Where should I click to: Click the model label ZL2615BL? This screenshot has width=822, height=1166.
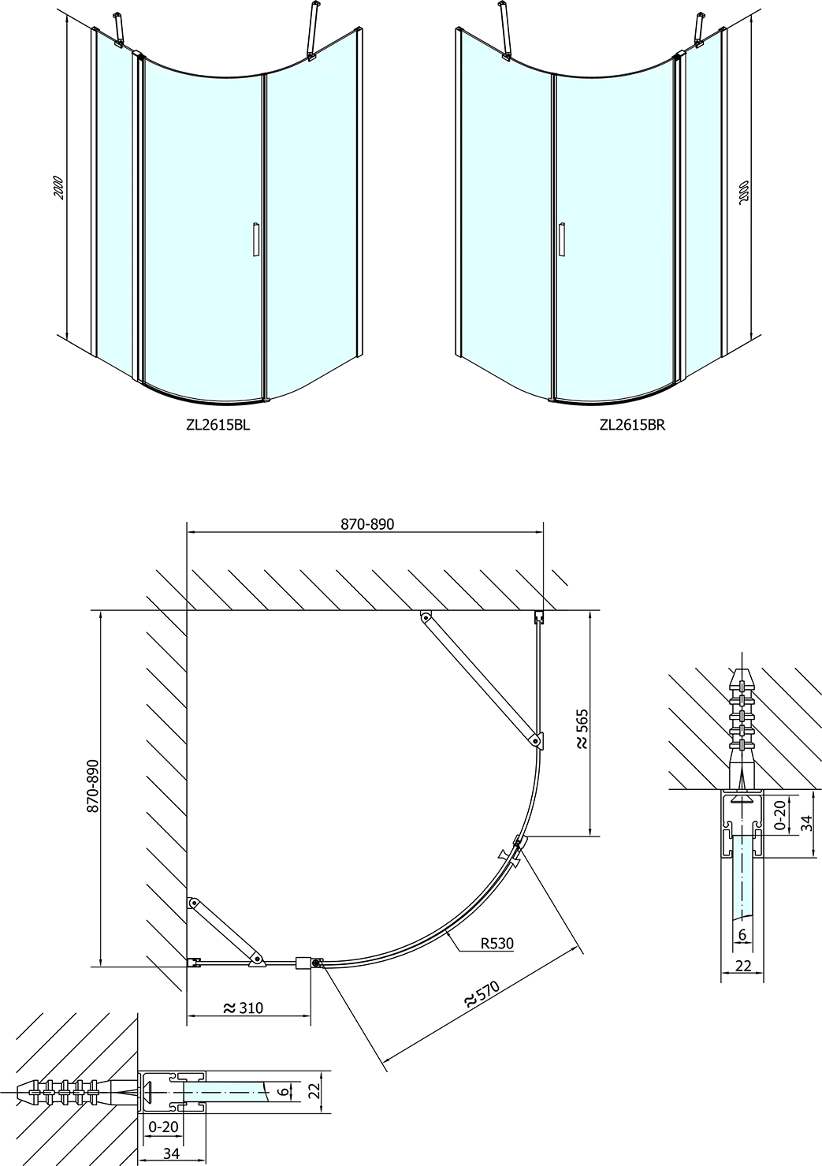[x=218, y=425]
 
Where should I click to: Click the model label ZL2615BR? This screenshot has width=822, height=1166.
[x=632, y=425]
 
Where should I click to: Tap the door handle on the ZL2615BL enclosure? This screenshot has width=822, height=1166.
[x=255, y=240]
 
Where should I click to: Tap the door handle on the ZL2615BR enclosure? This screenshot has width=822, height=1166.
[x=561, y=240]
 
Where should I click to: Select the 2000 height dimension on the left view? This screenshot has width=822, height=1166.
[x=59, y=188]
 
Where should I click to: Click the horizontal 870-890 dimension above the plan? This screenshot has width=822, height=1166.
[x=367, y=523]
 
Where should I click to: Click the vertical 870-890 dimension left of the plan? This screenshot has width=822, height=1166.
[x=93, y=786]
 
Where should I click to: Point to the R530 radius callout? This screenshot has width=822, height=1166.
[x=497, y=943]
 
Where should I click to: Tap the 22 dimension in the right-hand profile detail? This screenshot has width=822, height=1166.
[x=743, y=966]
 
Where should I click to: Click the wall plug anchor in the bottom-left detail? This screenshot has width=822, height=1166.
[x=73, y=1087]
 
